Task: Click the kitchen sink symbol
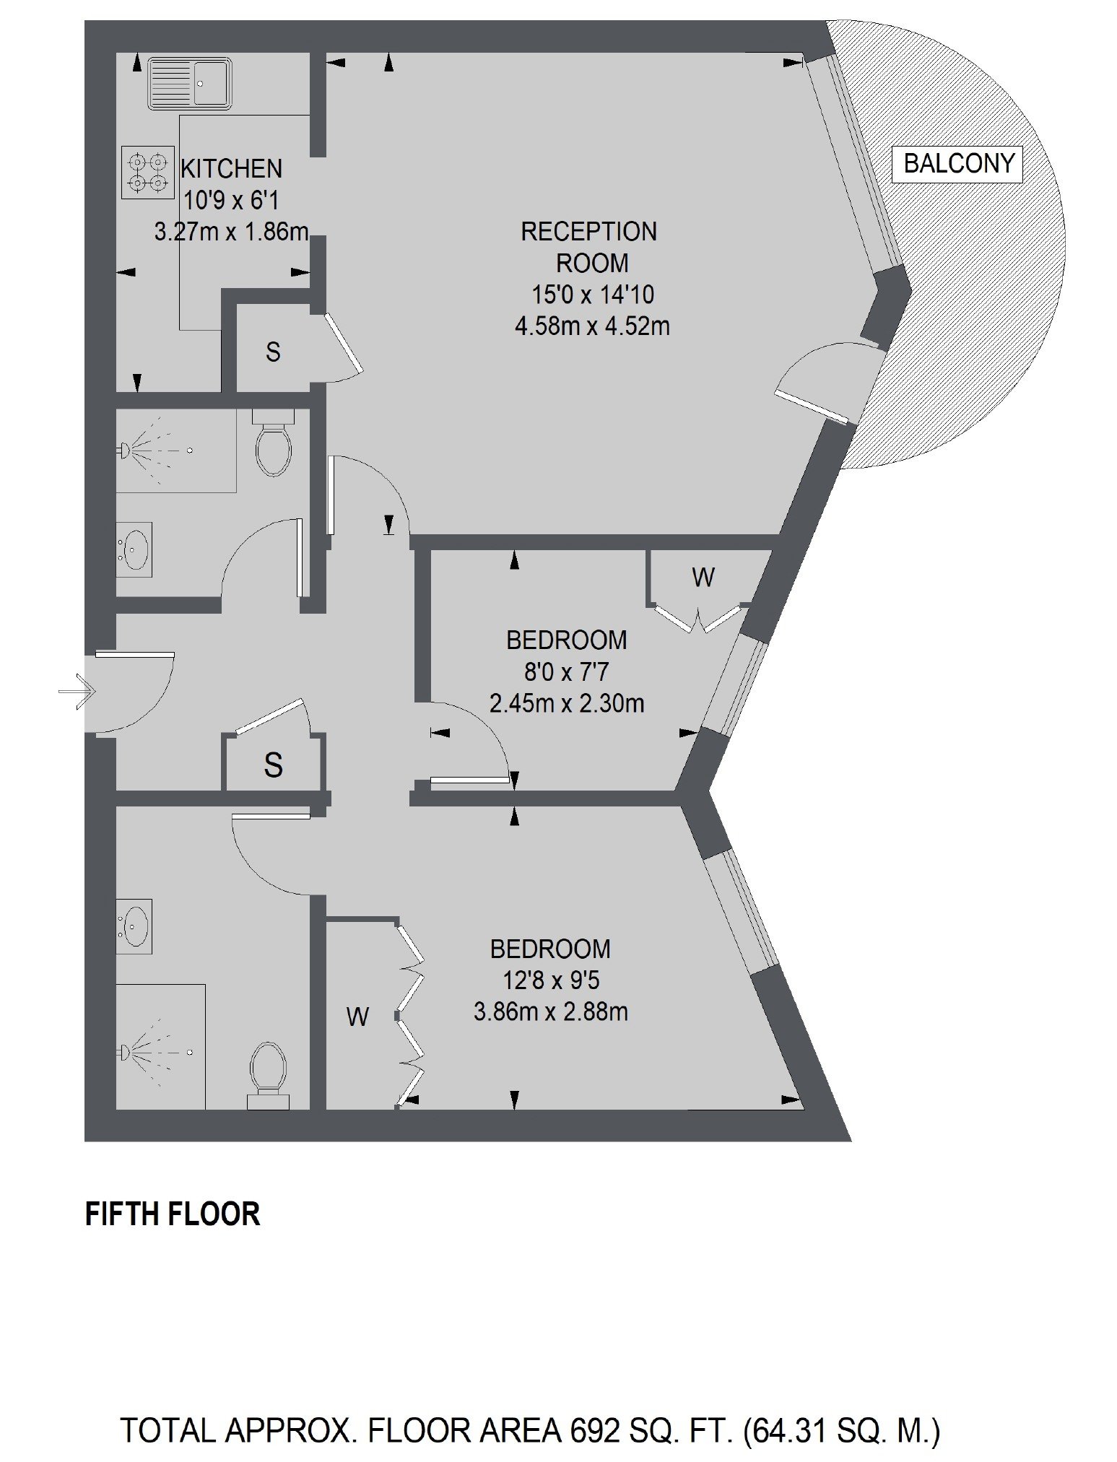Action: click(189, 83)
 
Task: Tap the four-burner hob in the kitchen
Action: click(148, 172)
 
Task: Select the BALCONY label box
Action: click(959, 163)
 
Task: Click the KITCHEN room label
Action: click(231, 169)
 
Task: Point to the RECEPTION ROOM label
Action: click(590, 247)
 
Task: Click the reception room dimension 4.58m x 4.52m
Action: click(592, 326)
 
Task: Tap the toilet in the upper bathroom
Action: click(274, 442)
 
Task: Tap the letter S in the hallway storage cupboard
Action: click(273, 764)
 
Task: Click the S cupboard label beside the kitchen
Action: click(273, 352)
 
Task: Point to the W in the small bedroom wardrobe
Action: click(703, 577)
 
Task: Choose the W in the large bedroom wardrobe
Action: click(358, 1017)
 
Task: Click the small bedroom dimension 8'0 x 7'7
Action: click(566, 672)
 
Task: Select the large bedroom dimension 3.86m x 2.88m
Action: click(551, 1012)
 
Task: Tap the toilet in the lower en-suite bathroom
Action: click(268, 1075)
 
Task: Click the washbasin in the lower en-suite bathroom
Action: click(135, 926)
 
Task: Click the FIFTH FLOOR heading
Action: click(173, 1214)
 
